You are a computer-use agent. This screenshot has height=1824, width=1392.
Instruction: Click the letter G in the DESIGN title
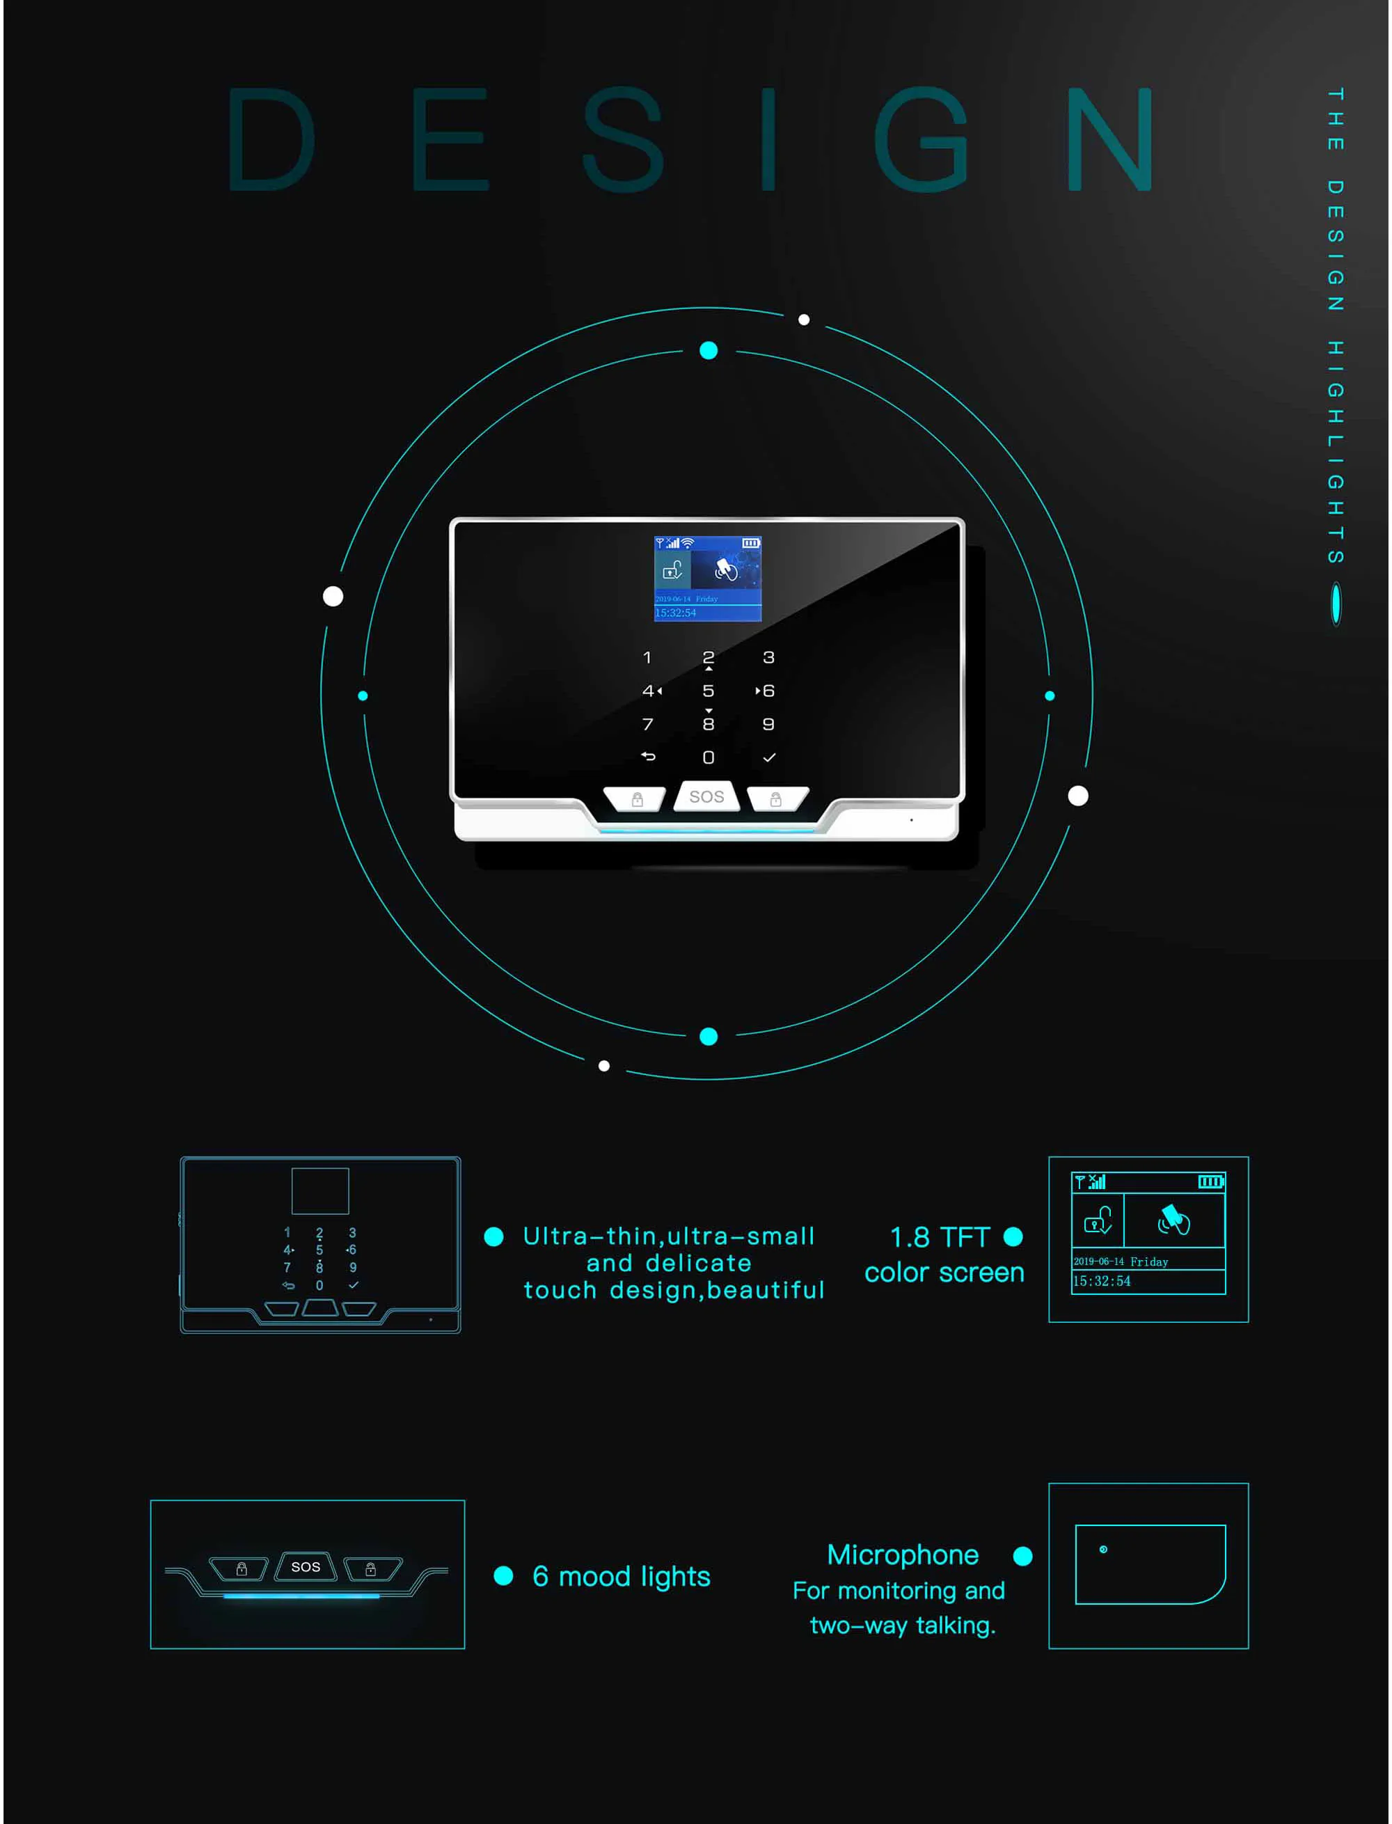pyautogui.click(x=922, y=139)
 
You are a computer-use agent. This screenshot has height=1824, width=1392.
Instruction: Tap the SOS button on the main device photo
pyautogui.click(x=706, y=796)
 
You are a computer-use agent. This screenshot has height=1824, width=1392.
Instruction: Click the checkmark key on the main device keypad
pyautogui.click(x=769, y=757)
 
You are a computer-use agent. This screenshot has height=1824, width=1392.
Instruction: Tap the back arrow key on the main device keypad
pyautogui.click(x=648, y=757)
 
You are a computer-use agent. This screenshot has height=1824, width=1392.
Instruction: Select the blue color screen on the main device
pyautogui.click(x=708, y=579)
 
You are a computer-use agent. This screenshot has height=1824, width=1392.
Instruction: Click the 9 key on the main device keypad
pyautogui.click(x=768, y=724)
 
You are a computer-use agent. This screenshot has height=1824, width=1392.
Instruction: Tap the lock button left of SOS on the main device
pyautogui.click(x=636, y=799)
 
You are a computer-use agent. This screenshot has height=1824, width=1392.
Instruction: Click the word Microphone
pyautogui.click(x=902, y=1555)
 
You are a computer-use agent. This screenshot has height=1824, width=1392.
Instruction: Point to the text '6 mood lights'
pyautogui.click(x=621, y=1576)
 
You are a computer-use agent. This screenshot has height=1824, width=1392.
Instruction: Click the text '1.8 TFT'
pyautogui.click(x=940, y=1237)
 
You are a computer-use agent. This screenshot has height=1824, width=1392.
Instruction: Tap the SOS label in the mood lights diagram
pyautogui.click(x=306, y=1567)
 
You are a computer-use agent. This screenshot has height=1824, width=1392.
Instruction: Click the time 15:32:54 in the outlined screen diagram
pyautogui.click(x=1101, y=1281)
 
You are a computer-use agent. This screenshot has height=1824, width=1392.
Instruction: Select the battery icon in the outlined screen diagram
pyautogui.click(x=1210, y=1181)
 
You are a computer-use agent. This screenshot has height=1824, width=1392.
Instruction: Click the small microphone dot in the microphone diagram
pyautogui.click(x=1103, y=1550)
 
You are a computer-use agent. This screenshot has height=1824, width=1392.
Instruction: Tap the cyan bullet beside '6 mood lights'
pyautogui.click(x=503, y=1576)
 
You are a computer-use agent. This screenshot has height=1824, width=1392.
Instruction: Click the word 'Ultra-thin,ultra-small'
pyautogui.click(x=669, y=1236)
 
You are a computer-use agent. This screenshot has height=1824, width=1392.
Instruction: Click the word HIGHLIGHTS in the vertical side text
pyautogui.click(x=1336, y=452)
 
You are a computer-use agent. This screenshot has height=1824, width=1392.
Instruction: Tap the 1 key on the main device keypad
pyautogui.click(x=647, y=658)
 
